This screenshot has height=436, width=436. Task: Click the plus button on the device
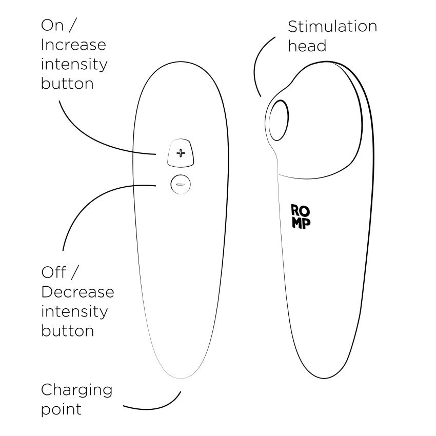click(x=180, y=153)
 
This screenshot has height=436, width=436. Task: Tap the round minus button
click(x=180, y=184)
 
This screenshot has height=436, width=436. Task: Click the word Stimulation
click(x=332, y=27)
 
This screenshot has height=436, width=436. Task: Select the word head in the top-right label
click(x=307, y=46)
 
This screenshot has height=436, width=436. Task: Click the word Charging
click(x=76, y=390)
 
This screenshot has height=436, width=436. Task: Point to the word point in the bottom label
click(x=61, y=409)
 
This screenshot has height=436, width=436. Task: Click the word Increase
click(x=73, y=45)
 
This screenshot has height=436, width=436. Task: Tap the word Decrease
click(x=77, y=292)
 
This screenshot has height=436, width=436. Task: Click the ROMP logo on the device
click(x=301, y=216)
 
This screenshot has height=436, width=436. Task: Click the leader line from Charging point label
click(x=154, y=407)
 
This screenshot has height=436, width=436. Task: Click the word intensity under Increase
click(x=74, y=64)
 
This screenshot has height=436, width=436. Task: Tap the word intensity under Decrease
click(x=74, y=311)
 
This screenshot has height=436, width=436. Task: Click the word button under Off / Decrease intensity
click(x=67, y=330)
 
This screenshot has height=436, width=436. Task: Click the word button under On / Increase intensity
click(x=67, y=83)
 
